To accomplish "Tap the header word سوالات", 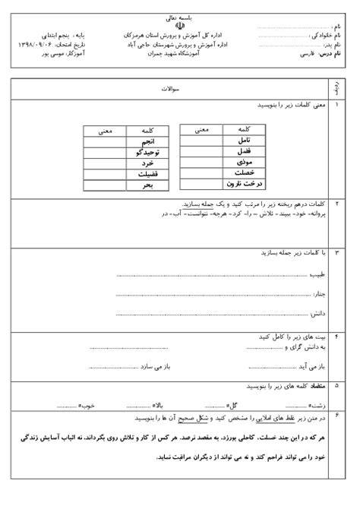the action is tap(169, 89).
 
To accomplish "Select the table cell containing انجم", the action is tap(147, 142).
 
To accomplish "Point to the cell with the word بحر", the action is tap(148, 184).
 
